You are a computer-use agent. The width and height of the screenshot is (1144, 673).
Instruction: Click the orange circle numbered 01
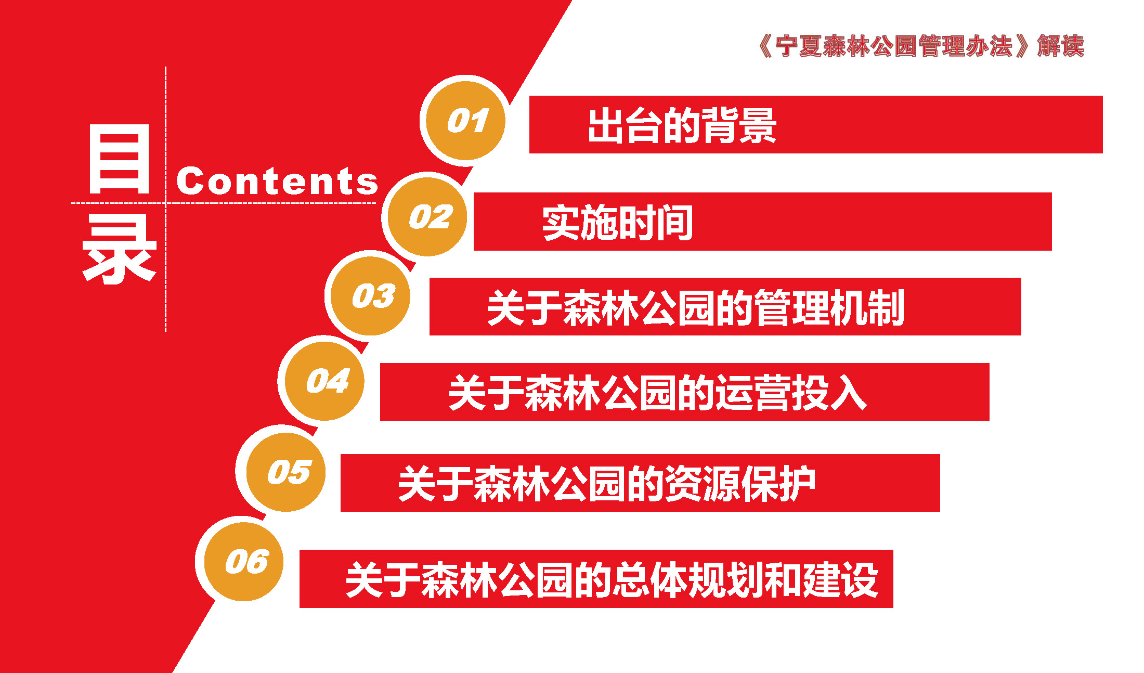point(465,121)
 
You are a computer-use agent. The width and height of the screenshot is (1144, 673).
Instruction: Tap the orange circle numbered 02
point(427,217)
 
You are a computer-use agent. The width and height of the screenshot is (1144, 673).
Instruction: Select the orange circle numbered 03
point(371,296)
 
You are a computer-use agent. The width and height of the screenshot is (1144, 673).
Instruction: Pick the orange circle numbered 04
point(325,381)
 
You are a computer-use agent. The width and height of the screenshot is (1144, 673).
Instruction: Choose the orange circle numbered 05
point(285,472)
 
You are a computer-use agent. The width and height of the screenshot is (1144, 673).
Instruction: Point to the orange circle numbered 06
point(244,562)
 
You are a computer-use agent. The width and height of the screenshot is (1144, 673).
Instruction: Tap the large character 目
point(120,159)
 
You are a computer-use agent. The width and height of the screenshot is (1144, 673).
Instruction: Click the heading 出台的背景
point(682,125)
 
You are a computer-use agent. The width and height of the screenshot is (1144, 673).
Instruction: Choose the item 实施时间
point(618,223)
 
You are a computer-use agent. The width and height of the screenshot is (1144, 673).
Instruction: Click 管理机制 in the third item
point(829,308)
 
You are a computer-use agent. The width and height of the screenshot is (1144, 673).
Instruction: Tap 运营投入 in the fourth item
point(791,393)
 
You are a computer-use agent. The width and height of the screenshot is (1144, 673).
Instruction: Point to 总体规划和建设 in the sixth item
point(746,579)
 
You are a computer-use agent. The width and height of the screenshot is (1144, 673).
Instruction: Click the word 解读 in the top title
point(1061,46)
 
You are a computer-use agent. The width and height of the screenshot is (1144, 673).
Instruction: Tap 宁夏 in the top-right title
point(799,46)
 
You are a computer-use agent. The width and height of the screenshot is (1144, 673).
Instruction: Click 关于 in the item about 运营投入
point(486,393)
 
